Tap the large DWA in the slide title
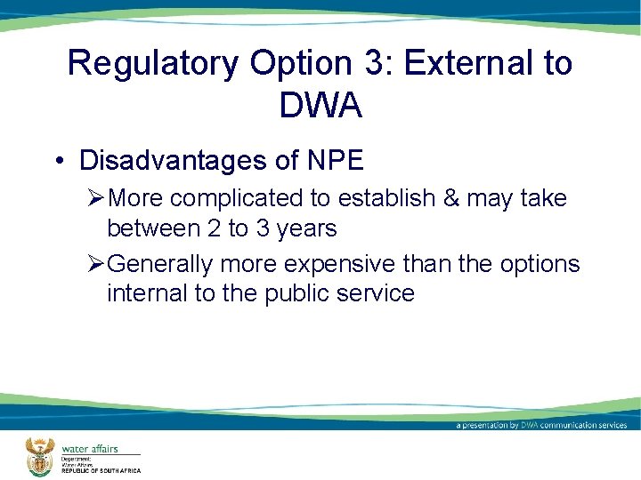click(320, 106)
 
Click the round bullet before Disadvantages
click(58, 161)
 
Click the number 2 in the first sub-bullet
click(214, 229)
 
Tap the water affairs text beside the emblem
click(89, 448)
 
